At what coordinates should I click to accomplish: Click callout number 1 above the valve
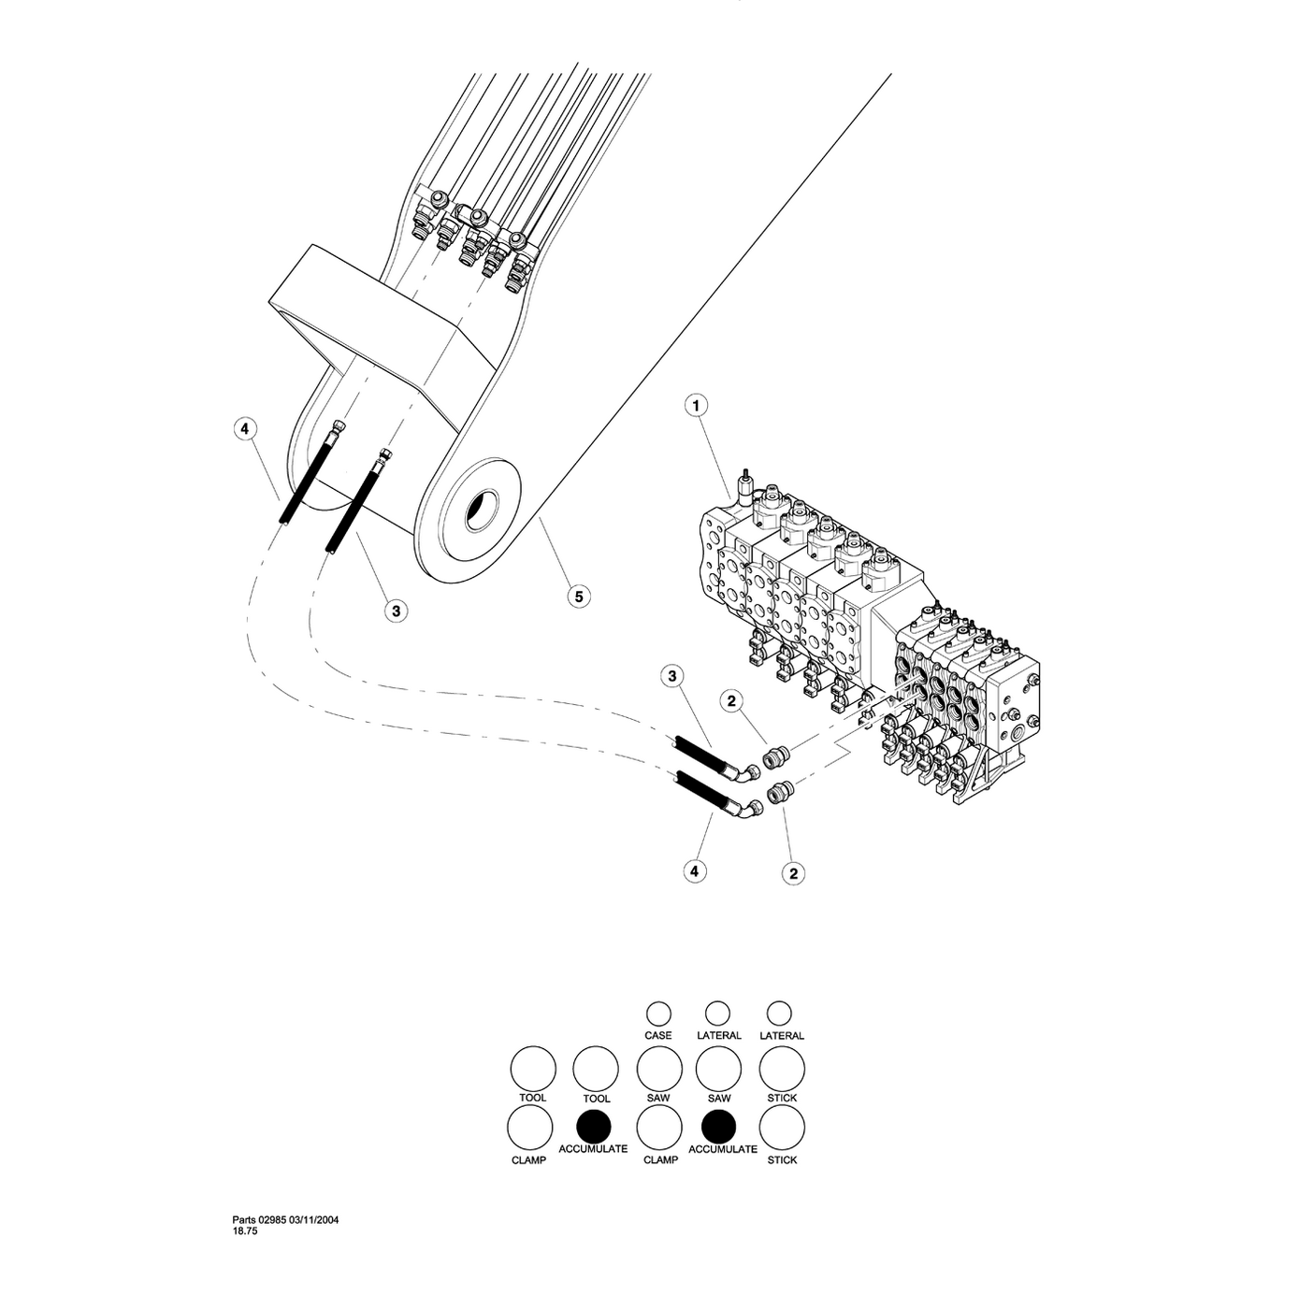click(x=696, y=405)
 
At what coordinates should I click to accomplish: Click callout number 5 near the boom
click(x=578, y=595)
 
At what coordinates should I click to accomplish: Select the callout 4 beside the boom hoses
click(x=244, y=429)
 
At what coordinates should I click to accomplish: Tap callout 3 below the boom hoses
click(x=396, y=611)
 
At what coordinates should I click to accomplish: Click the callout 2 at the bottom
click(x=793, y=872)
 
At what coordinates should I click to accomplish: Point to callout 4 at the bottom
click(x=694, y=871)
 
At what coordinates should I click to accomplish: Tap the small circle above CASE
click(x=658, y=1013)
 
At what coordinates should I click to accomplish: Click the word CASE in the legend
click(x=658, y=1035)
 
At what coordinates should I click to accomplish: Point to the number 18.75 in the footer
click(x=245, y=1231)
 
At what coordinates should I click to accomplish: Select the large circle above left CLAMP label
click(x=530, y=1128)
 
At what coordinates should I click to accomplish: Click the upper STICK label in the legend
click(x=782, y=1098)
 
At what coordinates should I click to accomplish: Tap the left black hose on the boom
click(x=308, y=476)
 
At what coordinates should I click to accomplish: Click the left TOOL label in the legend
click(x=533, y=1098)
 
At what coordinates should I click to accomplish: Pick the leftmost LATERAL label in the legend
click(x=719, y=1035)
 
